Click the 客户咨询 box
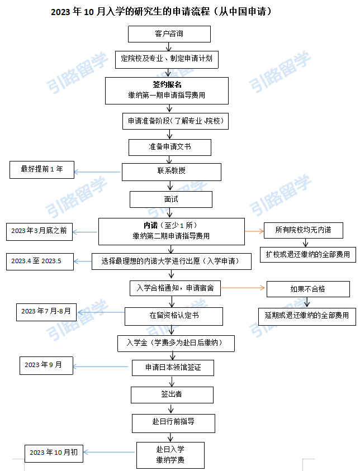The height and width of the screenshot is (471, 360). click(169, 34)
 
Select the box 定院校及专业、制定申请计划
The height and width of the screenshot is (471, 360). click(167, 59)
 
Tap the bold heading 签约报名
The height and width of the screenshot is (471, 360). click(167, 85)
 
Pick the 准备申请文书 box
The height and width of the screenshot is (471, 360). click(170, 147)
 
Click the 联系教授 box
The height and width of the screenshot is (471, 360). click(171, 172)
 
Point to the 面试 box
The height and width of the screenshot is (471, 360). click(171, 199)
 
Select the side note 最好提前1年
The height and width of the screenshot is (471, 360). click(42, 170)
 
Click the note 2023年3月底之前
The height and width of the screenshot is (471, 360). click(39, 232)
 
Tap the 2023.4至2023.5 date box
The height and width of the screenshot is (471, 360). click(40, 261)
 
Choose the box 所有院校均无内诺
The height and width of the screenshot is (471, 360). click(304, 230)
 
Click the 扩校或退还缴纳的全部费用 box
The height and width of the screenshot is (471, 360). click(308, 255)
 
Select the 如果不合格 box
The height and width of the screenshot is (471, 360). click(308, 289)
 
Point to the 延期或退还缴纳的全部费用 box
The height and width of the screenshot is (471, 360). click(307, 316)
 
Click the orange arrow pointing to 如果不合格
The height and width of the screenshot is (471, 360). click(243, 288)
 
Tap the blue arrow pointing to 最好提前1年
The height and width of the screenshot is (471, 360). click(97, 172)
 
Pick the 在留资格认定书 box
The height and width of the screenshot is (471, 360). click(174, 316)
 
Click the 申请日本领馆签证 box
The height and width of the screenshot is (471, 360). click(173, 368)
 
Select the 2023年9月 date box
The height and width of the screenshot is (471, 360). click(46, 365)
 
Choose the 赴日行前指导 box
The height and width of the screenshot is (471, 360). click(173, 424)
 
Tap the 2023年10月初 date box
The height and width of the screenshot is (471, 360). click(54, 454)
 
